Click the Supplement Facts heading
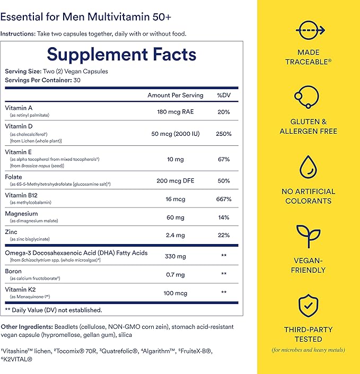click(121, 55)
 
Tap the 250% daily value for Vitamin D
click(223, 134)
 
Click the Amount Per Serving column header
click(175, 95)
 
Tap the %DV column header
click(223, 95)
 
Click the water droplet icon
click(308, 166)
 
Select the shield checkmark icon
click(308, 305)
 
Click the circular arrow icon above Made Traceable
click(308, 30)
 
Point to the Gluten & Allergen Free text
click(308, 126)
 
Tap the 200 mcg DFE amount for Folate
click(175, 181)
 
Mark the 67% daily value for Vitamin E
click(223, 159)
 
